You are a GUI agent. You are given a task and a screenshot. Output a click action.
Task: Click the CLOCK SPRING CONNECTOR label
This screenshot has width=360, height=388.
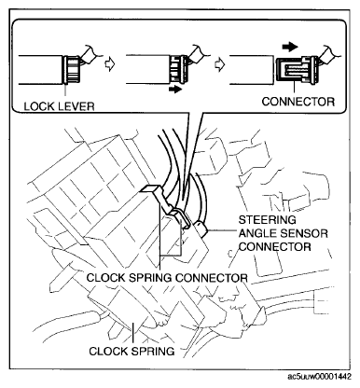point(166,277)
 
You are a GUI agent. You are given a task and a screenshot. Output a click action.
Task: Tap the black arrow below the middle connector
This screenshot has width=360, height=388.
point(175,91)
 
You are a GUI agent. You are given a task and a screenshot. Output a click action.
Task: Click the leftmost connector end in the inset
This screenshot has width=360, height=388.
point(73,67)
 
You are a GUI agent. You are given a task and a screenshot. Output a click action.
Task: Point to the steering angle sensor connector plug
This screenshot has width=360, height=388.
point(200,224)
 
